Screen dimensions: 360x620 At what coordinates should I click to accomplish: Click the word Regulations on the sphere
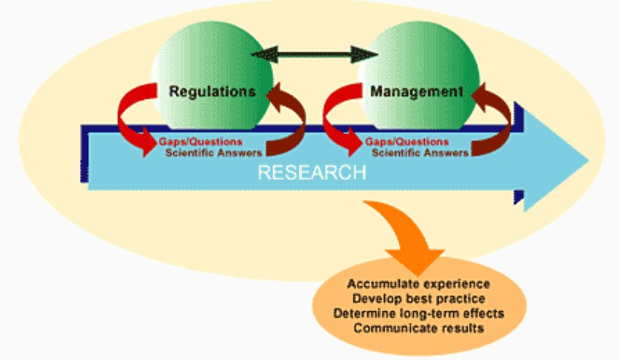click(212, 92)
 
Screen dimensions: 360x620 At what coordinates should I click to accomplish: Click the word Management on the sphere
click(416, 92)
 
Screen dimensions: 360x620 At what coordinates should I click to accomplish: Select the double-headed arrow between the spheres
click(314, 55)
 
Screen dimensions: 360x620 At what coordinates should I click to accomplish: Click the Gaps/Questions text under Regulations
click(201, 141)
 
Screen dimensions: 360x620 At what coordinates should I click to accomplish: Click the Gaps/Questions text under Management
click(407, 141)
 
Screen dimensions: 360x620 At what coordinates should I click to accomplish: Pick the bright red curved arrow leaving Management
click(340, 117)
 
